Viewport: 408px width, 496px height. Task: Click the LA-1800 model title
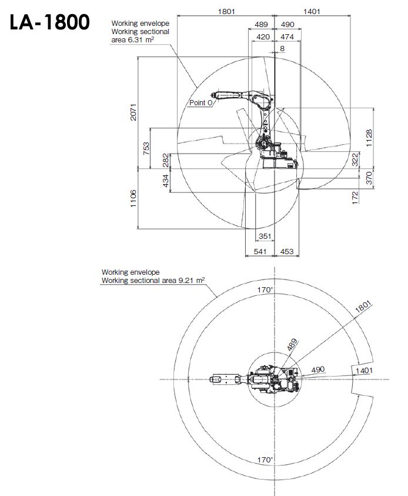pos(49,22)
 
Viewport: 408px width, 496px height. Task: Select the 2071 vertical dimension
pos(133,112)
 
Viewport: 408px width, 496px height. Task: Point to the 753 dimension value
pos(146,148)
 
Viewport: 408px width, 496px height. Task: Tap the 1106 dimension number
pos(133,199)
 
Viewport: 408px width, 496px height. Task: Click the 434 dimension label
pos(166,181)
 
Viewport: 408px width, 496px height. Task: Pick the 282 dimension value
pos(166,161)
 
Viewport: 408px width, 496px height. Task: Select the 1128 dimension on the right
pos(369,138)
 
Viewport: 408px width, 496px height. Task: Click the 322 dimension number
pos(355,159)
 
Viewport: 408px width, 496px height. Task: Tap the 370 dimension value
pos(369,178)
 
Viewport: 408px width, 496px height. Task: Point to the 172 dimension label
pos(355,198)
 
